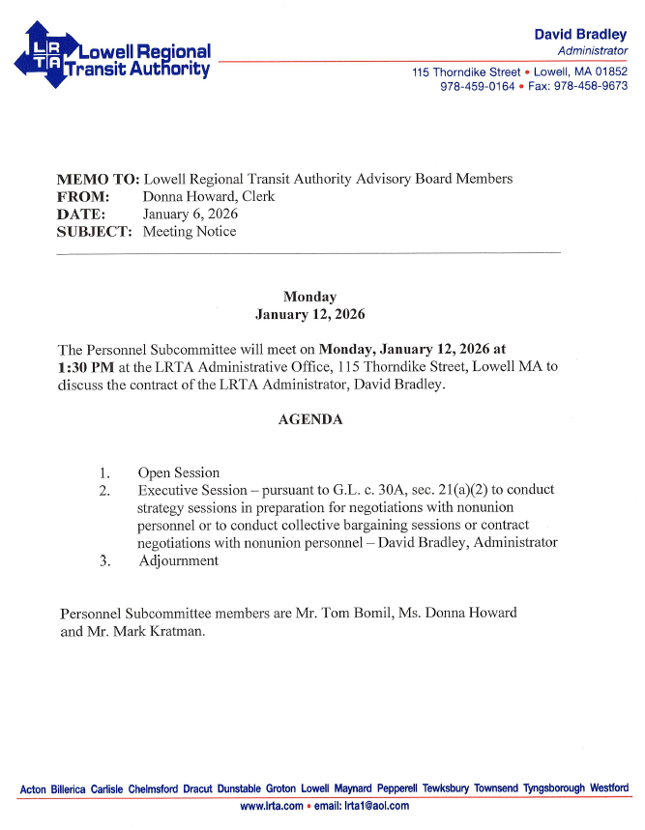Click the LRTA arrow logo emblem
point(45,55)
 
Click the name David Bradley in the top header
point(580,35)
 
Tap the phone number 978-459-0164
point(477,86)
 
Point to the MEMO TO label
point(99,180)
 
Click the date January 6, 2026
point(191,215)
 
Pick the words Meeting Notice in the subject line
point(190,232)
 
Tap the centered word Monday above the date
point(309,298)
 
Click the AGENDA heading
point(309,420)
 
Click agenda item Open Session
point(179,473)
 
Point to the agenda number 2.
point(104,491)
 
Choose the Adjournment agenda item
point(178,560)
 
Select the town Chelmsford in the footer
point(153,789)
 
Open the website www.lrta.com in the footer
point(271,806)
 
